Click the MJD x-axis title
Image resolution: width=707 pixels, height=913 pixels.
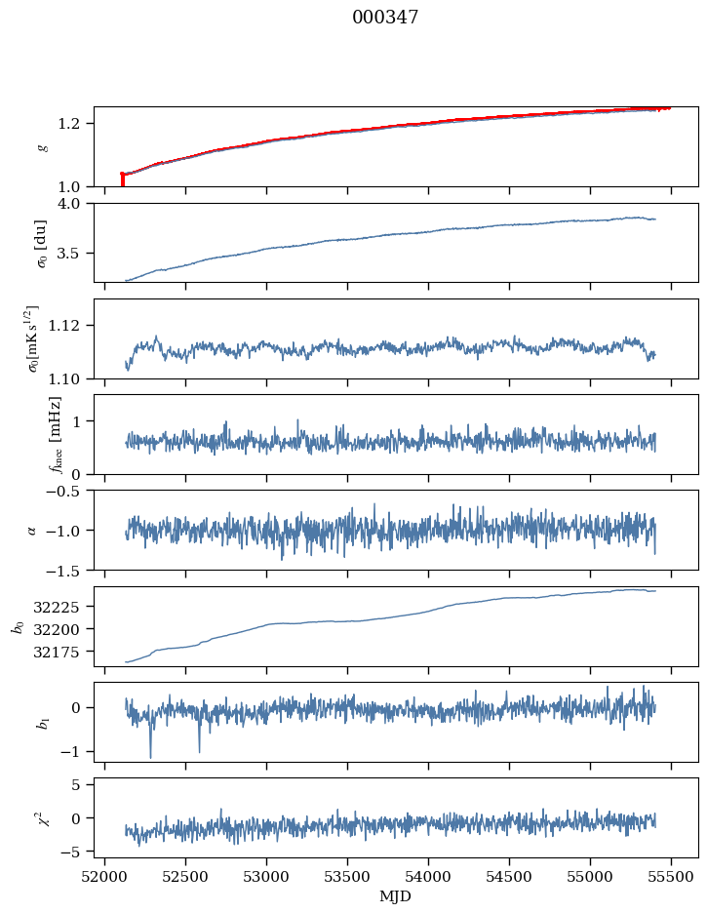click(396, 895)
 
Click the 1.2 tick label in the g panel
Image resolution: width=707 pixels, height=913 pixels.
click(76, 124)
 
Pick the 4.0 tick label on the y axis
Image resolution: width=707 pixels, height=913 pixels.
click(76, 204)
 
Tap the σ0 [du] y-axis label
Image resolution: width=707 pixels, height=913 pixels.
click(40, 243)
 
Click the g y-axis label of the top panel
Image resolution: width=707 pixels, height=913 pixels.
click(42, 146)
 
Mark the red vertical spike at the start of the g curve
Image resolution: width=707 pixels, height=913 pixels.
click(122, 179)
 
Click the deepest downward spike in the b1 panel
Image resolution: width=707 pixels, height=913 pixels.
click(150, 755)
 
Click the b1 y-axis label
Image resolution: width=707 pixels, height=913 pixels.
click(42, 722)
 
